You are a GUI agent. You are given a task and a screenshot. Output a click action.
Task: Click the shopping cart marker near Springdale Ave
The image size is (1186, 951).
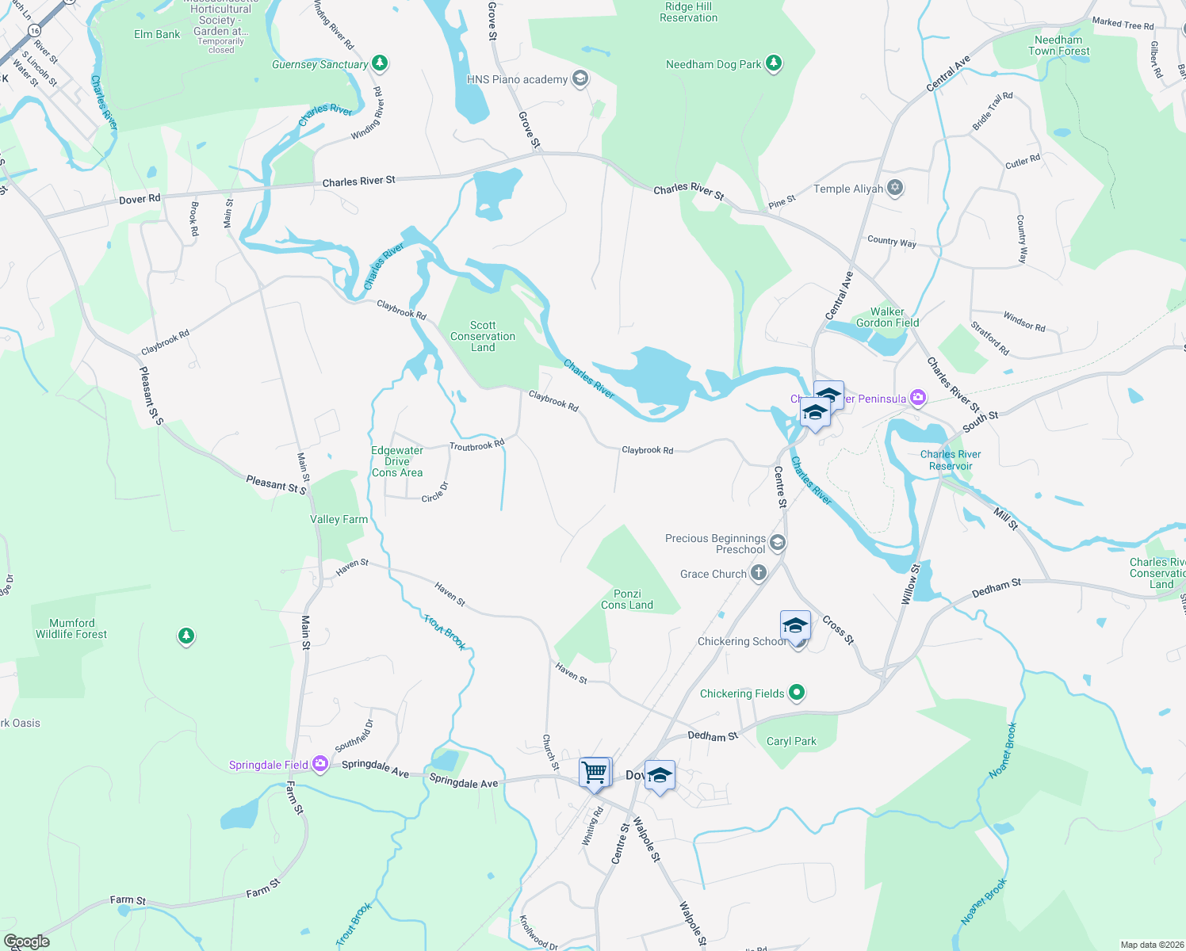[595, 771]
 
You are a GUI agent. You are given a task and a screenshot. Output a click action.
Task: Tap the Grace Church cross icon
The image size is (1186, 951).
[759, 573]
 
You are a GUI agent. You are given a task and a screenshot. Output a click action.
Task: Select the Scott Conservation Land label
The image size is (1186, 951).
[483, 336]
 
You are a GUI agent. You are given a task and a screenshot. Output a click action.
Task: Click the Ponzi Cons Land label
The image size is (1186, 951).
[627, 599]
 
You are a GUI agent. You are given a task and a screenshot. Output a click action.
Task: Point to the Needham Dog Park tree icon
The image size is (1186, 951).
[774, 64]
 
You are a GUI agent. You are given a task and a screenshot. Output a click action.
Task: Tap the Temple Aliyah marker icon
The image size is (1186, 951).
[896, 188]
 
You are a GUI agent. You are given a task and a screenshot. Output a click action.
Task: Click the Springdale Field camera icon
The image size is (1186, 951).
[320, 764]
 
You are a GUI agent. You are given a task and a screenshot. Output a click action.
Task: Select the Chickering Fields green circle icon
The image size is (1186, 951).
[797, 693]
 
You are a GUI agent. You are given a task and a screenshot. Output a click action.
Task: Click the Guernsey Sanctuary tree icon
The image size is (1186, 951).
[380, 63]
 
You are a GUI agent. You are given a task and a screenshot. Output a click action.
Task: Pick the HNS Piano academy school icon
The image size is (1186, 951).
[580, 78]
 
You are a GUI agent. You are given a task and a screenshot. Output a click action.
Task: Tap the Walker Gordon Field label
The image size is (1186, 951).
[887, 317]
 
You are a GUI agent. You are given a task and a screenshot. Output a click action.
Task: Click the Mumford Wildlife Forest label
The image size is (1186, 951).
[71, 628]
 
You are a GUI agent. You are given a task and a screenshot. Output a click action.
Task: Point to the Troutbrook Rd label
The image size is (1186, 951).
[476, 445]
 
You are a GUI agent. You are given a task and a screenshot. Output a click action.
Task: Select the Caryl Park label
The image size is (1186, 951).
[791, 741]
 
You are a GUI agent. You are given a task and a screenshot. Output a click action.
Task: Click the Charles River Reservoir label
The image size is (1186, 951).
[951, 460]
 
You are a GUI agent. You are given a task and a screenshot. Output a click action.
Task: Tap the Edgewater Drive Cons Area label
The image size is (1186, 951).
[397, 461]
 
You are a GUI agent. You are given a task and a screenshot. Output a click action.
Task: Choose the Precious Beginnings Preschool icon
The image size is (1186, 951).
[778, 543]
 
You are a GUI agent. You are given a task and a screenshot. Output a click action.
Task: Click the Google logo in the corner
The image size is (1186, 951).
[26, 941]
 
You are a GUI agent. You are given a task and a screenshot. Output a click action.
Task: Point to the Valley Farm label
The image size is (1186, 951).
[339, 519]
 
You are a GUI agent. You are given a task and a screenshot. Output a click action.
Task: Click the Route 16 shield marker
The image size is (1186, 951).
[33, 30]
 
